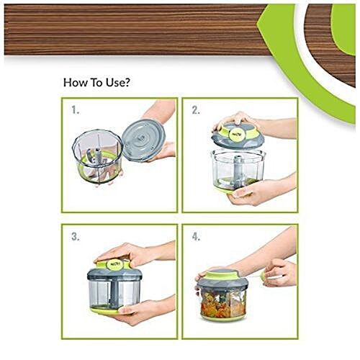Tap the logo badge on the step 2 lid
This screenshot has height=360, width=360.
point(237,131)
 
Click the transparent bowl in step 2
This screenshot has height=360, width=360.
point(238,167)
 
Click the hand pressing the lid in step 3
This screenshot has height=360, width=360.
point(130,253)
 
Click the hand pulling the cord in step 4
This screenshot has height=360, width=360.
point(281,271)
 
